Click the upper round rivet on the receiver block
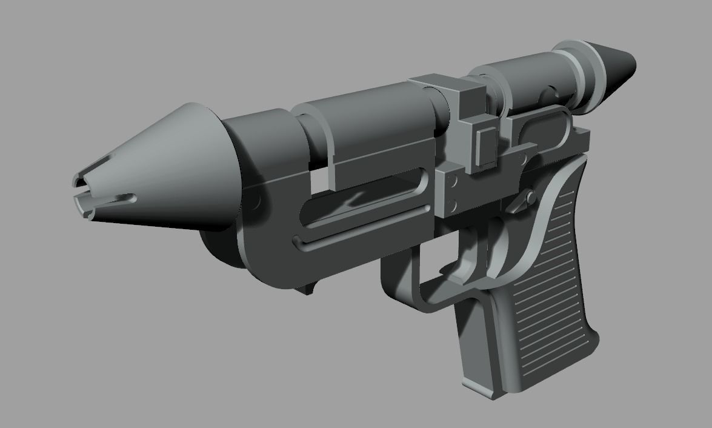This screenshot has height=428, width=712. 451,181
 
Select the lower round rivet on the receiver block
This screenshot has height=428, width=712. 451,203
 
